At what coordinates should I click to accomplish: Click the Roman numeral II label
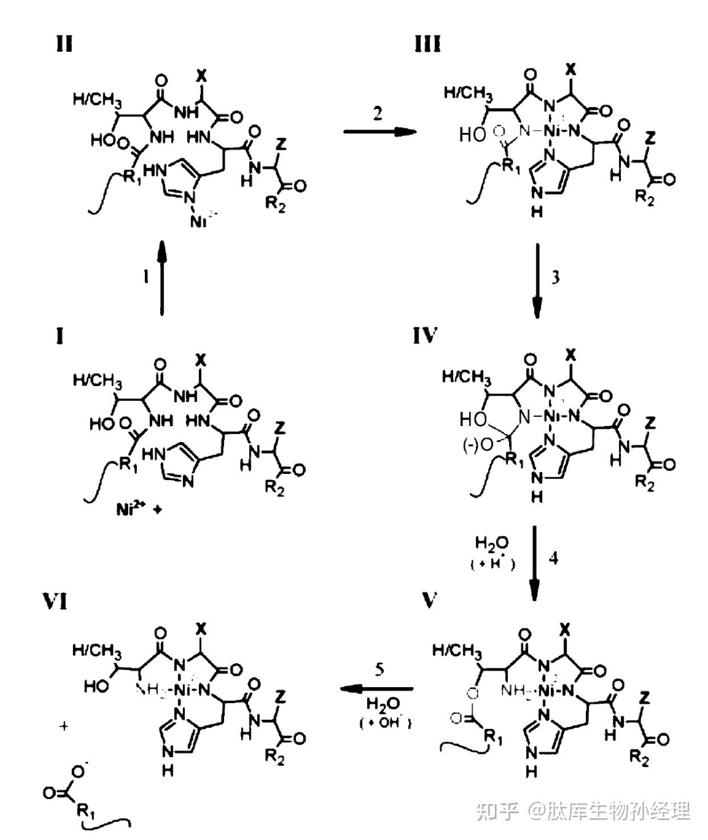[64, 43]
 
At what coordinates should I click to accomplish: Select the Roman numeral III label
[428, 43]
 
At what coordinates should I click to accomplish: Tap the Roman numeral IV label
[425, 336]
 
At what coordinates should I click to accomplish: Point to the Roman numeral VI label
[55, 601]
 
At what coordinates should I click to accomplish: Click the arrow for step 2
[380, 132]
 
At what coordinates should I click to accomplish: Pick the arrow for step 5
[377, 689]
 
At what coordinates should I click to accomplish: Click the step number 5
[380, 669]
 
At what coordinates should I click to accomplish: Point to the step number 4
[553, 558]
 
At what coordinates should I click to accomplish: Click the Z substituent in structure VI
[280, 697]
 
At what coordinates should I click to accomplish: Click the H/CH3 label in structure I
[97, 380]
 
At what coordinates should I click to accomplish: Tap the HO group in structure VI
[96, 685]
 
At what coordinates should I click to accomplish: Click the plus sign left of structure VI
[64, 727]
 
